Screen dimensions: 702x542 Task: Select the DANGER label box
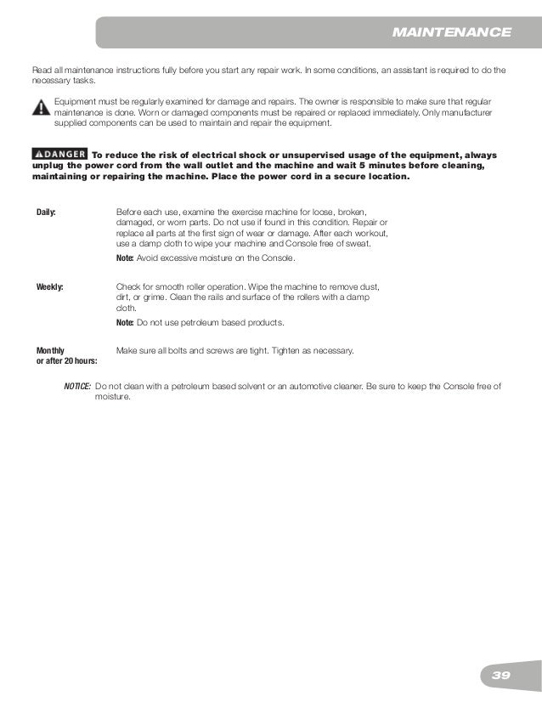click(x=59, y=154)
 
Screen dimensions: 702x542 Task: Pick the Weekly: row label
click(x=49, y=286)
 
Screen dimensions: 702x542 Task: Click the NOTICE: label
click(x=77, y=387)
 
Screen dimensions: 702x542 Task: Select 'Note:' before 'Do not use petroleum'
click(x=125, y=323)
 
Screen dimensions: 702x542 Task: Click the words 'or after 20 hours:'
click(x=66, y=361)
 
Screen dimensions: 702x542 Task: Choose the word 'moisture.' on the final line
click(x=113, y=397)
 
